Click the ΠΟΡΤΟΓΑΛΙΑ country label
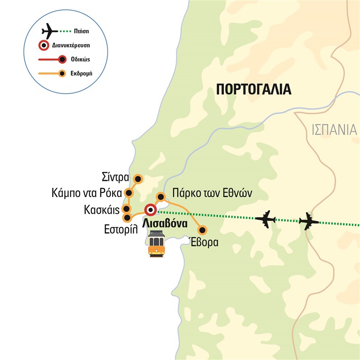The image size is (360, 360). click(254, 89)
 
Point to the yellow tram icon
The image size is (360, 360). click(156, 243)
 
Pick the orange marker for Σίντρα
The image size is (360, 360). click(139, 179)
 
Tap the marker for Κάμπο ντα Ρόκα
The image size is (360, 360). click(130, 193)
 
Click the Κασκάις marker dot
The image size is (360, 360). click(127, 209)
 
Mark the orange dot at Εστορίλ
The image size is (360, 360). click(127, 218)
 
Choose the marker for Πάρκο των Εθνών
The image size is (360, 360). click(160, 197)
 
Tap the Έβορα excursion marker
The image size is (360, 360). click(202, 230)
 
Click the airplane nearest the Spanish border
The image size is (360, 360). click(308, 221)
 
